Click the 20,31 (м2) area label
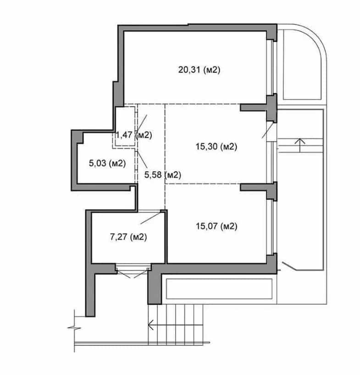pos(199,70)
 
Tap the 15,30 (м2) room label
pos(216,146)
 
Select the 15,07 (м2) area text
pos(216,226)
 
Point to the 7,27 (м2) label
pos(128,237)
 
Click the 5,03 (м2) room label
pos(107,163)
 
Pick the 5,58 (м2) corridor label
pos(163,175)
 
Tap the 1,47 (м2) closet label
pos(133,135)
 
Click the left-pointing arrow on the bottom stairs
pos(176,325)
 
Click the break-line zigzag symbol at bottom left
pos(74,328)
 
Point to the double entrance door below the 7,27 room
pos(133,271)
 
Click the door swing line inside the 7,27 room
pos(150,218)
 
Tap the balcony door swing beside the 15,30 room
pos(267,130)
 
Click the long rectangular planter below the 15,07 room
pos(219,289)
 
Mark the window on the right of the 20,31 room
pos(272,67)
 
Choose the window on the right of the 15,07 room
pos(272,227)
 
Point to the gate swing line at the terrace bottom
pos(289,266)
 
